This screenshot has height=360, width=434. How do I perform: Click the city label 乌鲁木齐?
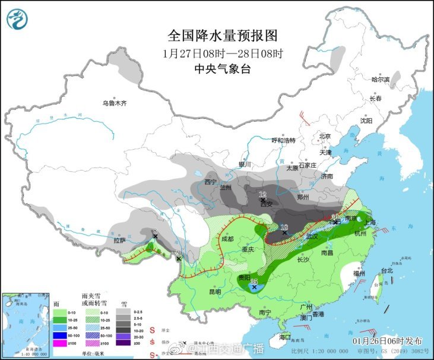[x=115, y=103]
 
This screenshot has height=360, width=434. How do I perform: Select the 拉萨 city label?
[x=119, y=241]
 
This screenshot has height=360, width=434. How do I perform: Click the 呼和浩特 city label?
[x=283, y=140]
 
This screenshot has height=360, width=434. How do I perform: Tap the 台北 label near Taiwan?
[x=387, y=270]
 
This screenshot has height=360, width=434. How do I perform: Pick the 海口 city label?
[x=286, y=337]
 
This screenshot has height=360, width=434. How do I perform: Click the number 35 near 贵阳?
[x=254, y=281]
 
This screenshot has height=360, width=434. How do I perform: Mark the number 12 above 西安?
[x=263, y=194]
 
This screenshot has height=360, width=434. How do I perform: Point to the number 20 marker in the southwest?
[x=178, y=253]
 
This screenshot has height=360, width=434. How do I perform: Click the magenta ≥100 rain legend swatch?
[x=59, y=343]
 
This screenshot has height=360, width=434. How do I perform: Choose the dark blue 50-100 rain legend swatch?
[x=59, y=335]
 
